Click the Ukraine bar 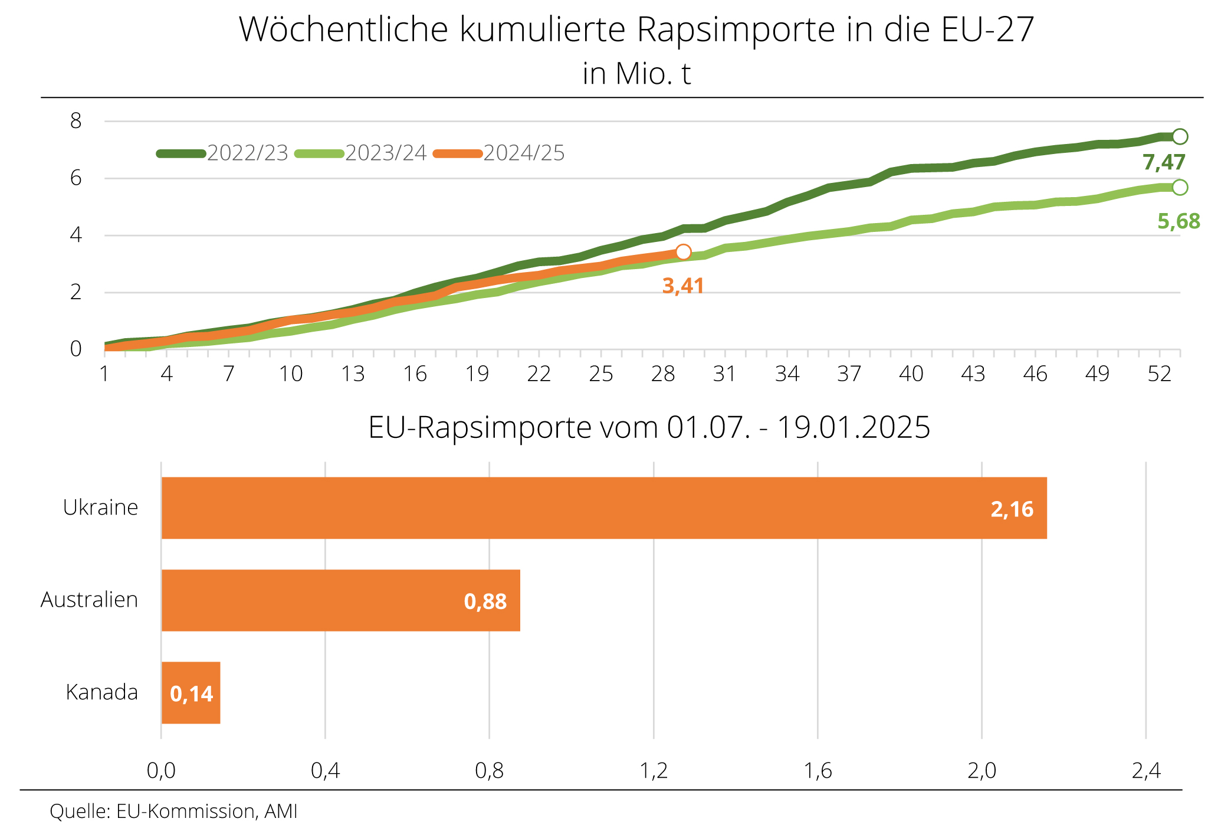[604, 508]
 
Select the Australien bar [341, 600]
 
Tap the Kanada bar [191, 693]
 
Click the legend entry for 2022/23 [223, 153]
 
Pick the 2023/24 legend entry [361, 153]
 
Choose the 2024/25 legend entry [499, 153]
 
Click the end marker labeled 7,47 [1180, 137]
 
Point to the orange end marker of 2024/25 [683, 252]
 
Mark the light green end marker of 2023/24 [1180, 188]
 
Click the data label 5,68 [1179, 222]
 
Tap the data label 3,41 [683, 286]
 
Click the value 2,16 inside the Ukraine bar [1012, 509]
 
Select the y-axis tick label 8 [76, 122]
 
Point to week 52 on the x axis [1159, 374]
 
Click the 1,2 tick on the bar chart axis [654, 771]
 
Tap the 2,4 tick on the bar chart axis [1146, 771]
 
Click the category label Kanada [102, 692]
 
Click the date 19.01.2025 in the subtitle [854, 428]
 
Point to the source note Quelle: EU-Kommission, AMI [173, 811]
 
